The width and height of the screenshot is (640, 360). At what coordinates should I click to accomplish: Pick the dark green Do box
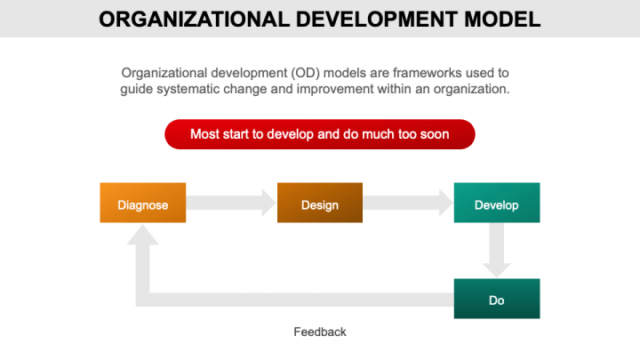point(496,299)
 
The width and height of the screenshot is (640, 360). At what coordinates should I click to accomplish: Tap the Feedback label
point(320,332)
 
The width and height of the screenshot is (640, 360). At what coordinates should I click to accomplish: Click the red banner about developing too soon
point(320,134)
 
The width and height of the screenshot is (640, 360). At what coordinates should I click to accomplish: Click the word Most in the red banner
point(205,134)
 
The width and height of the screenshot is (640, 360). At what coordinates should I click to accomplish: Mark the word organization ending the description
point(472,89)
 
